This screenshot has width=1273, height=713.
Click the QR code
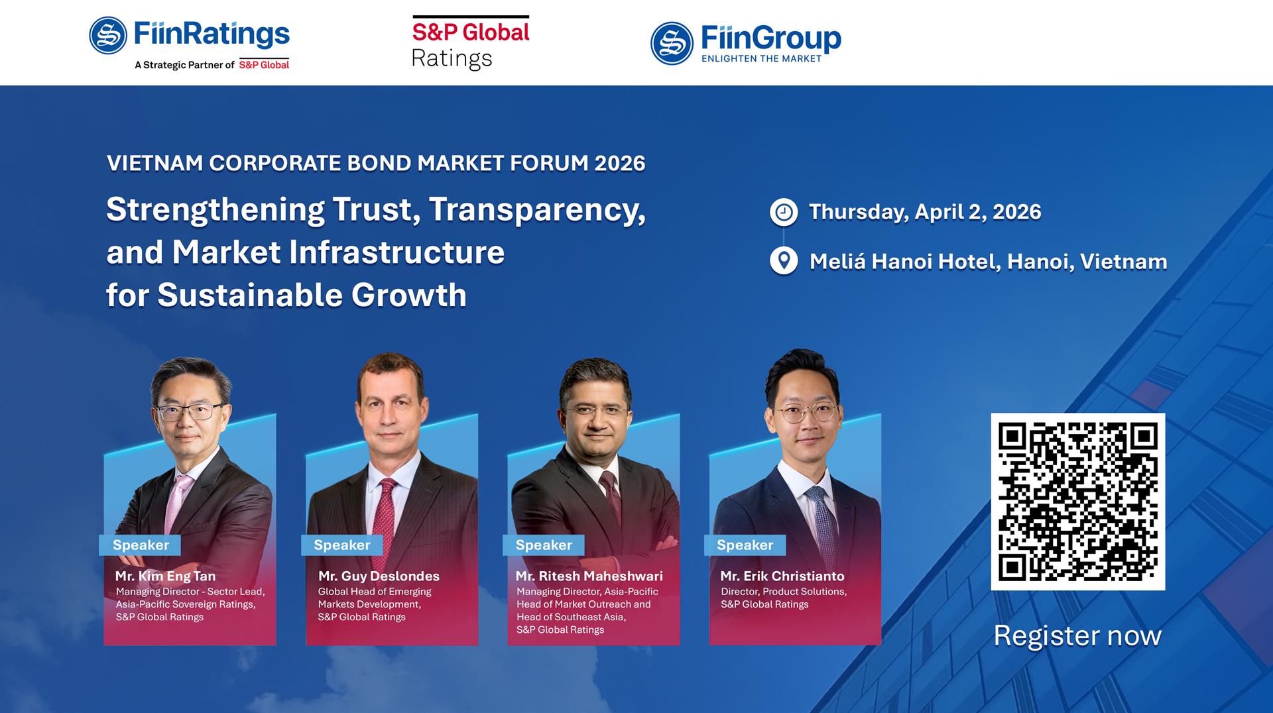tap(1077, 502)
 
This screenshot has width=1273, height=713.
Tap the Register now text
tap(1077, 636)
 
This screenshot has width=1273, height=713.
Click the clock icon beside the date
tap(784, 212)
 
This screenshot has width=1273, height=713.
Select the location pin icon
tap(784, 261)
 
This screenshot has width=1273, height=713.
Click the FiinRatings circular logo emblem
tap(108, 36)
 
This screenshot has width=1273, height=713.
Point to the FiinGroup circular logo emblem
tap(672, 43)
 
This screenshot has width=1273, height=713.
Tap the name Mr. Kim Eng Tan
tap(165, 576)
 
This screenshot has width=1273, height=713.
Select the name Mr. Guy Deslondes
tap(379, 576)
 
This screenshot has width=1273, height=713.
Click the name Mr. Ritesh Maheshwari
tap(589, 576)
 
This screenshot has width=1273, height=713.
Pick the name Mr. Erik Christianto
tap(782, 576)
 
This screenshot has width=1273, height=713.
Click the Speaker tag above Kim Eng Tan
tap(141, 545)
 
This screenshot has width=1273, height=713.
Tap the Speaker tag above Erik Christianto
tap(745, 545)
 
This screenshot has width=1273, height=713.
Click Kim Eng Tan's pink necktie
tap(176, 504)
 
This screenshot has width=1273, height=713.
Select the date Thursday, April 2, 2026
tap(925, 212)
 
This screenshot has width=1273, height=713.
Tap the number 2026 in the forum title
tap(619, 164)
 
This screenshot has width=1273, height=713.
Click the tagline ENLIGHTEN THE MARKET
tap(761, 59)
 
